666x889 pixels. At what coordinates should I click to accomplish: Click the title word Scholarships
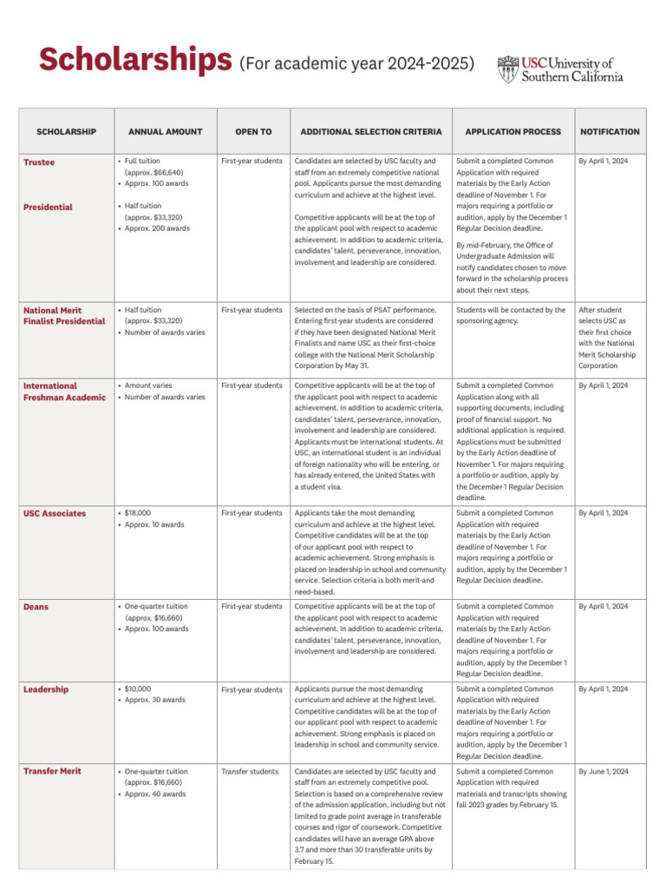pos(135,61)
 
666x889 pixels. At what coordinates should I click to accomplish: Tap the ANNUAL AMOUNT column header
pos(165,132)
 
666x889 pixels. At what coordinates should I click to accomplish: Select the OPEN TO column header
pos(253,132)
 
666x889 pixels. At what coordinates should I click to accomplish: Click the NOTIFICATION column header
pos(610,132)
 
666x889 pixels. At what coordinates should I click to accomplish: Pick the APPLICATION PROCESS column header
pos(513,132)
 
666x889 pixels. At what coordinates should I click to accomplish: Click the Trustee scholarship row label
pos(38,162)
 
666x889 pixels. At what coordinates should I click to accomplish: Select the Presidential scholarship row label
pos(48,207)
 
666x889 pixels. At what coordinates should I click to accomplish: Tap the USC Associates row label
pos(55,514)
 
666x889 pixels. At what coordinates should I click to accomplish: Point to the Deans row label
pos(36,607)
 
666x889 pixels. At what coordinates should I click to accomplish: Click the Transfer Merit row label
pos(52,772)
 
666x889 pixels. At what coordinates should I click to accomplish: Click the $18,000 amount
pos(138,514)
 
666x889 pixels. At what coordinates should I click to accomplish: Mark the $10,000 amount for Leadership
pos(138,689)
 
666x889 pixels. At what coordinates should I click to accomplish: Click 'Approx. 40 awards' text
pos(155,794)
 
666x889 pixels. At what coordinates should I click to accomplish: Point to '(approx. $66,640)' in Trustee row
pos(154,173)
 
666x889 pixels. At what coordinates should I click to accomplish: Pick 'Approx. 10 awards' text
pos(155,525)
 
